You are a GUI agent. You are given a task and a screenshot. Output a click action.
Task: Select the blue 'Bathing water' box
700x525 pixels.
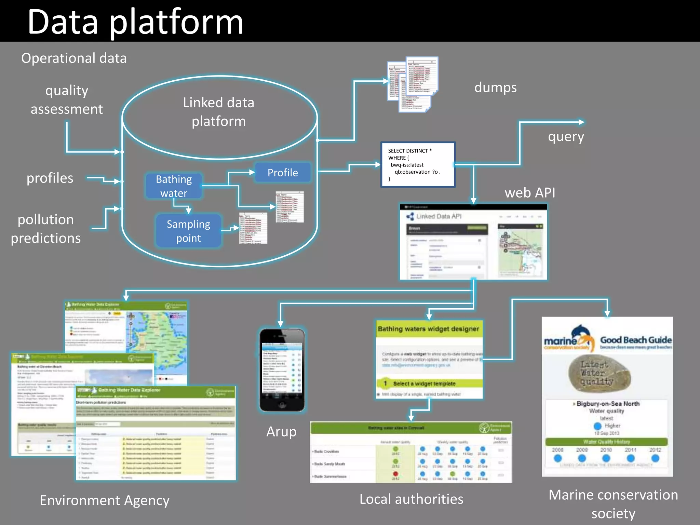tap(174, 186)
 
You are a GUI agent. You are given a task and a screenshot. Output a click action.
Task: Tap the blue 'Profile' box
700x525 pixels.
tap(282, 173)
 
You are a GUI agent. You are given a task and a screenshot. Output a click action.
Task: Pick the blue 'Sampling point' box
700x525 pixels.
tap(188, 231)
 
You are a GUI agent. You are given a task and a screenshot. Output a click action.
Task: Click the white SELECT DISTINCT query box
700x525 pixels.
tap(418, 165)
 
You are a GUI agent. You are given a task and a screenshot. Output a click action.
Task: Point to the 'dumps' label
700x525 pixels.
tap(495, 87)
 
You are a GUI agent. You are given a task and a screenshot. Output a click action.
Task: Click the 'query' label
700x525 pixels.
tap(566, 137)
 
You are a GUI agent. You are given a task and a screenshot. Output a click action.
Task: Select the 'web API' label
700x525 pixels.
tap(530, 193)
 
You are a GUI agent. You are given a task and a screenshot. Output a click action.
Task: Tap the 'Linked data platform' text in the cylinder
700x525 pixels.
tap(218, 112)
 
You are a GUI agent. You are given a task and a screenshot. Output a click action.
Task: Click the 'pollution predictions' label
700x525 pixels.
tap(46, 229)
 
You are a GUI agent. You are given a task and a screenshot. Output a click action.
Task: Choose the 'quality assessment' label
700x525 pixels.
tap(67, 99)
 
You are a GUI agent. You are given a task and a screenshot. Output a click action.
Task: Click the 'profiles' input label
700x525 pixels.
tap(50, 178)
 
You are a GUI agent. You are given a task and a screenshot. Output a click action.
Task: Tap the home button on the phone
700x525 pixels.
tap(282, 405)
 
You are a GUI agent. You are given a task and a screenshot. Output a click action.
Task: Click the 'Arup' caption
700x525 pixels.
tap(281, 432)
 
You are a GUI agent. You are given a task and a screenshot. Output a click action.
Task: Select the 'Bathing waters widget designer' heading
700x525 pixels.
tap(428, 329)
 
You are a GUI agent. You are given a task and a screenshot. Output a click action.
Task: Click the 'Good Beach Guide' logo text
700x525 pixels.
tap(636, 340)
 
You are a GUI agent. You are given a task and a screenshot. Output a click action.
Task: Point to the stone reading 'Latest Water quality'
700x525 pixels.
tap(599, 373)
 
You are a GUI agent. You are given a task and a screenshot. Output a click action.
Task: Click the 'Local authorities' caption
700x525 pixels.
tap(411, 499)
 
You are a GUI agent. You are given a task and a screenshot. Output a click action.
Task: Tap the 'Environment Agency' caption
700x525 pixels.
tap(105, 500)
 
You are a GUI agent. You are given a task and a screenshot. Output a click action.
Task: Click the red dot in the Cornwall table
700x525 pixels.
tap(395, 474)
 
